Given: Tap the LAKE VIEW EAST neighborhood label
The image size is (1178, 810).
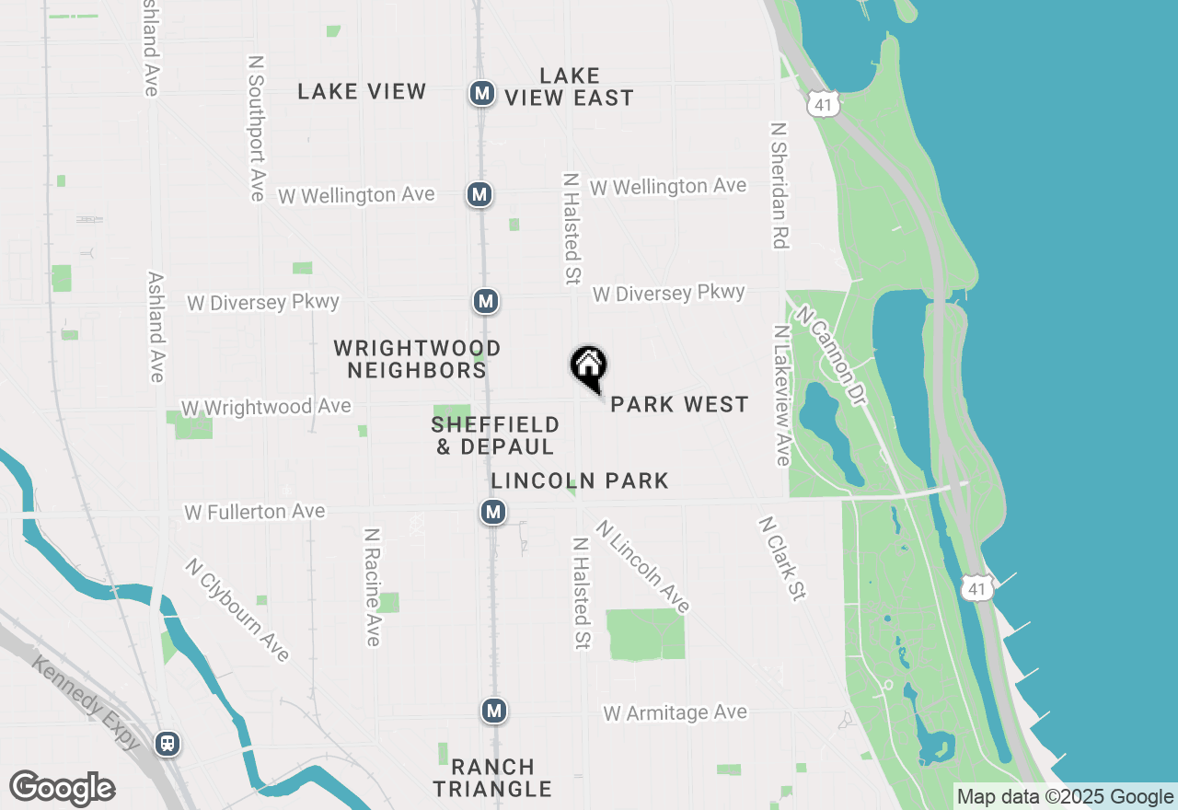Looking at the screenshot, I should [570, 87].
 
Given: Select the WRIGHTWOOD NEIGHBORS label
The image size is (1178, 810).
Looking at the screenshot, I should [417, 359].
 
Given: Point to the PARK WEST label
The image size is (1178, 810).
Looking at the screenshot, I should [679, 405].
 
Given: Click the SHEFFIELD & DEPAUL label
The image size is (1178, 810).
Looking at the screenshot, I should [495, 435].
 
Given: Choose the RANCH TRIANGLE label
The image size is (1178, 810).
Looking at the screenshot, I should [492, 778].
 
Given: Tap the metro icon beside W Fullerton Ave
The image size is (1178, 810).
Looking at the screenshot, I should [493, 512].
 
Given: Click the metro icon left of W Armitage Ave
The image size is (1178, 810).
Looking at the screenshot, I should [494, 711].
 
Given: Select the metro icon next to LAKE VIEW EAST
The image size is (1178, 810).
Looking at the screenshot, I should [481, 93].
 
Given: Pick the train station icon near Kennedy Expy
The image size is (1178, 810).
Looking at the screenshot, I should [167, 743].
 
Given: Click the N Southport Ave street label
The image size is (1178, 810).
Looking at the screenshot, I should [257, 128].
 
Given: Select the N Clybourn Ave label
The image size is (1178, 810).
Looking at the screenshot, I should [237, 609].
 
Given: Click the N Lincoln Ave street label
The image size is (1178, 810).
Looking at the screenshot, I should [642, 566].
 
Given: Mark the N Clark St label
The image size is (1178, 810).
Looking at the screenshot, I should [781, 558].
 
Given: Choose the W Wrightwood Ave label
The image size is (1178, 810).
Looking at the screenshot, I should [266, 407].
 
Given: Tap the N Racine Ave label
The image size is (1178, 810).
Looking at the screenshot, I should [372, 586].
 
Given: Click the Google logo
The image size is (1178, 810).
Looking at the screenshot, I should [62, 788].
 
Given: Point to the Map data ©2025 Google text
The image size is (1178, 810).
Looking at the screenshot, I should [1065, 797].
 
